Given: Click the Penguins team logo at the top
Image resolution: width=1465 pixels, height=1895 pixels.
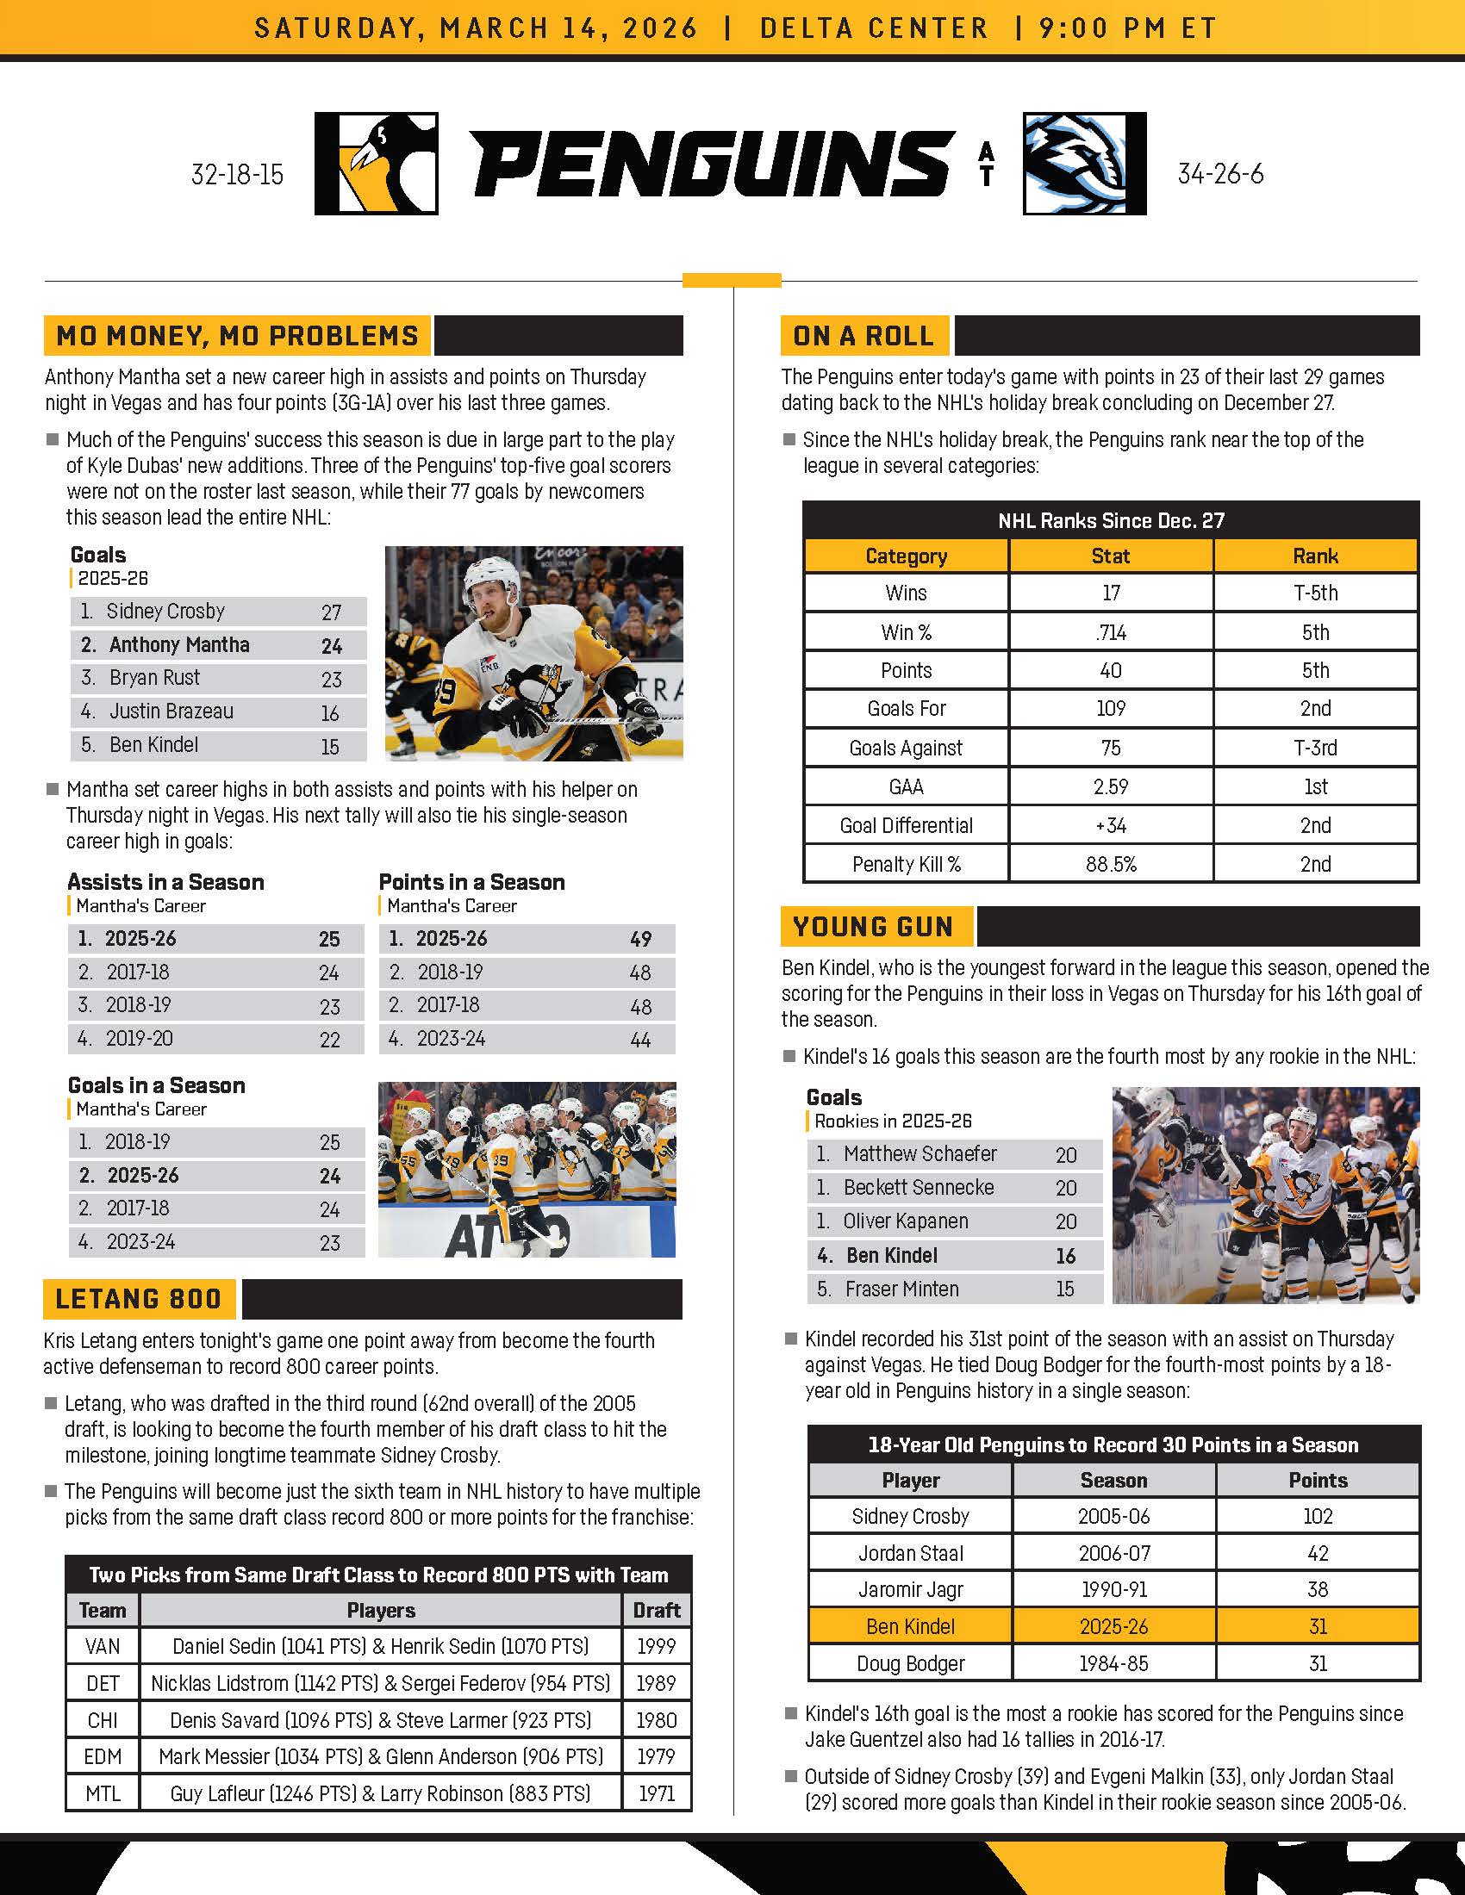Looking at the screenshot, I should [x=376, y=163].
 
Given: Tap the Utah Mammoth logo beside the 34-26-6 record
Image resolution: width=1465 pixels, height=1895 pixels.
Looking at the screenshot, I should [x=1084, y=163].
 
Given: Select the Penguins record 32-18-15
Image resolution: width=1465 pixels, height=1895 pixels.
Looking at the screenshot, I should [x=237, y=175].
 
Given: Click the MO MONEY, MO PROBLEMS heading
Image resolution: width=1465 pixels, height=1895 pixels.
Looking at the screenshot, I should [x=237, y=336].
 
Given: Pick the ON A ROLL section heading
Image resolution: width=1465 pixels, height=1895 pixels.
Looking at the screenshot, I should [x=863, y=336].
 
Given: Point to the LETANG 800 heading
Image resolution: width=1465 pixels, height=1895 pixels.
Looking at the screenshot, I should [x=138, y=1299].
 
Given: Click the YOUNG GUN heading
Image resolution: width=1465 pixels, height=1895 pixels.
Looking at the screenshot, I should [x=872, y=927].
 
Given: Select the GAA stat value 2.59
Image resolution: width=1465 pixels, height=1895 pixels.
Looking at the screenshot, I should [x=1111, y=787].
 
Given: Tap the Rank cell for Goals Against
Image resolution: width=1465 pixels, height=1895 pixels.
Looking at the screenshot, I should [x=1315, y=748].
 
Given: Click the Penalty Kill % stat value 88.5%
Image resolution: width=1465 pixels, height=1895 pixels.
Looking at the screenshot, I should [x=1111, y=864].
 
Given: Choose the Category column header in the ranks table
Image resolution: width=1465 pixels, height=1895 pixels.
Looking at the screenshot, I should [x=906, y=556].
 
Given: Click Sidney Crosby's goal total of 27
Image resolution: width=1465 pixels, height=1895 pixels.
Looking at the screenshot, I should [x=332, y=612].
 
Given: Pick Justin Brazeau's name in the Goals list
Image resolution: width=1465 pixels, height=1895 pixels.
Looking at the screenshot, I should [x=171, y=711].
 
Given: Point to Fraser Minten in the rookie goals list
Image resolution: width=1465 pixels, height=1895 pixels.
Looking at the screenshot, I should [x=901, y=1289].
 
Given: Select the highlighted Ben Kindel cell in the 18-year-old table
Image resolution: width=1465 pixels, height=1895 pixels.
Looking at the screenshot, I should [x=910, y=1627].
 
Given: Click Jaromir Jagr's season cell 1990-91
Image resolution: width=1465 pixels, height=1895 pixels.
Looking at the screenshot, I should [x=1113, y=1589].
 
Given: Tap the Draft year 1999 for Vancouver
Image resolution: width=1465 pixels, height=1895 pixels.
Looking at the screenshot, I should [x=656, y=1647].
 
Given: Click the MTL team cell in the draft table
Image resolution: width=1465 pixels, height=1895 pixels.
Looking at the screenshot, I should [x=103, y=1793].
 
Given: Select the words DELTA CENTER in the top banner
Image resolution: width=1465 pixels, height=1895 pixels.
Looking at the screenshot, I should [x=874, y=28].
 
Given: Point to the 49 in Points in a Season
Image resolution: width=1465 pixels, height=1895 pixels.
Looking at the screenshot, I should [x=640, y=940].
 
